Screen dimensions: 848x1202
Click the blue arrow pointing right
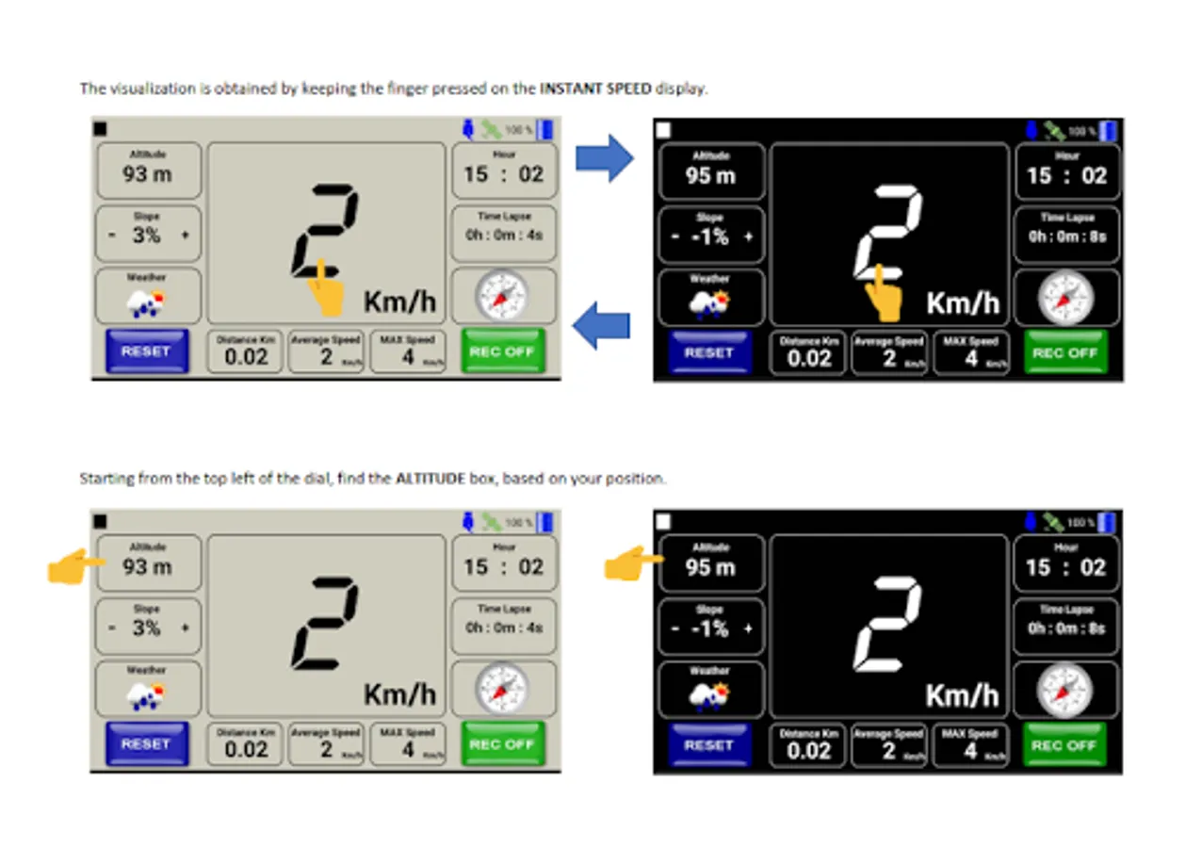click(x=605, y=157)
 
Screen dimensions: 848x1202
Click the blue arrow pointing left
click(x=601, y=326)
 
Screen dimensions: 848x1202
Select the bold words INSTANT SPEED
click(x=595, y=90)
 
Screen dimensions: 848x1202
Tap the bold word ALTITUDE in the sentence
click(x=430, y=479)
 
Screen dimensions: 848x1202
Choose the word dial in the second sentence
click(x=308, y=479)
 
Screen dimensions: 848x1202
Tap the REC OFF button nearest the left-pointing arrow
click(x=502, y=351)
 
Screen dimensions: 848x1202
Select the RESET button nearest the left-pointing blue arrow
click(x=708, y=353)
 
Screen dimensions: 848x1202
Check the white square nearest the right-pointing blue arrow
click(x=663, y=129)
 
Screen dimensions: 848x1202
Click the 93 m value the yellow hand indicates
click(x=148, y=567)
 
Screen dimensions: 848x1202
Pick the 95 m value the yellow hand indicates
click(x=710, y=567)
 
